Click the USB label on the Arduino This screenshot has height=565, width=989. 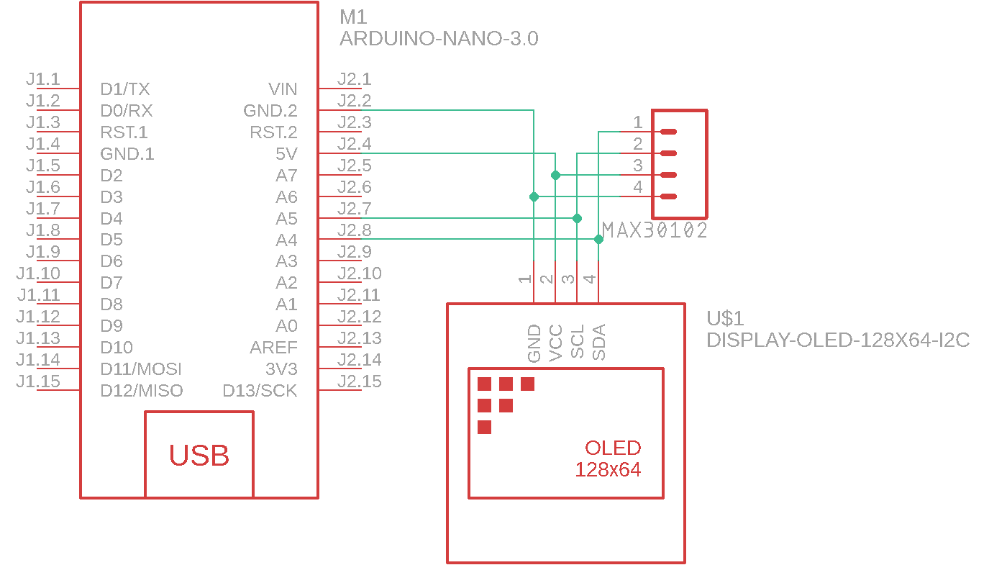pyautogui.click(x=199, y=456)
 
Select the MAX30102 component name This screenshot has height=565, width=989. pyautogui.click(x=655, y=231)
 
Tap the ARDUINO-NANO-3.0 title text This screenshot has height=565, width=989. pyautogui.click(x=438, y=39)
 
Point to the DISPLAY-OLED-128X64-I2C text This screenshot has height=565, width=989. pyautogui.click(x=838, y=340)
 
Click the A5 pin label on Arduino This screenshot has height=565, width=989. pyautogui.click(x=286, y=218)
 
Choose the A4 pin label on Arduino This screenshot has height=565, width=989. pyautogui.click(x=286, y=240)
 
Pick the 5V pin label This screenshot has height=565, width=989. pyautogui.click(x=286, y=154)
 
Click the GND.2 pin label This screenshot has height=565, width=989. pyautogui.click(x=270, y=111)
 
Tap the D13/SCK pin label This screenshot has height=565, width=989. pyautogui.click(x=260, y=391)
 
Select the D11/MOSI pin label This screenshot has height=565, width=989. pyautogui.click(x=141, y=369)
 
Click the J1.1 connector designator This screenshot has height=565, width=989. pyautogui.click(x=43, y=79)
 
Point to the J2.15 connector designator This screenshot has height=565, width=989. pyautogui.click(x=359, y=381)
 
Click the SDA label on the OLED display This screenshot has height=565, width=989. pyautogui.click(x=598, y=342)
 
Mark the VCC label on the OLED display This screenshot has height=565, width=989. pyautogui.click(x=555, y=343)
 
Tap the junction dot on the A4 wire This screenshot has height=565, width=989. pyautogui.click(x=598, y=239)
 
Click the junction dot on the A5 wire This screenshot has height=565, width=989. pyautogui.click(x=577, y=217)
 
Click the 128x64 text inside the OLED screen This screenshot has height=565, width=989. pyautogui.click(x=608, y=470)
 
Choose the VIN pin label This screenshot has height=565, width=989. pyautogui.click(x=283, y=89)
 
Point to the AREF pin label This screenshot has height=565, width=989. pyautogui.click(x=273, y=348)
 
